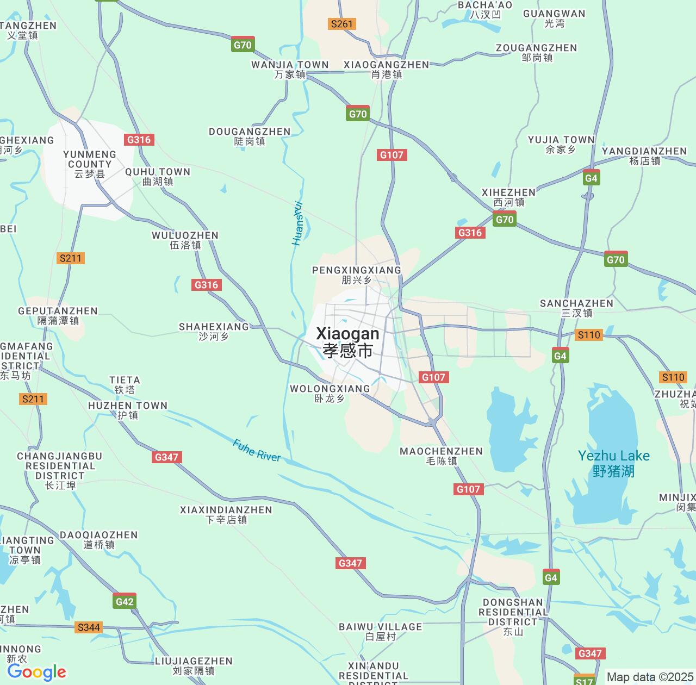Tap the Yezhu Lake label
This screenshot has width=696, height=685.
click(613, 463)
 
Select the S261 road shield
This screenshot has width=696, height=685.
click(342, 24)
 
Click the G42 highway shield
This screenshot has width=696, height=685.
click(125, 601)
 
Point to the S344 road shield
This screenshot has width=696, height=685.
click(89, 627)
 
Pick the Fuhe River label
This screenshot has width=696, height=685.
click(257, 450)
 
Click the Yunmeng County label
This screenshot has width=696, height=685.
click(90, 164)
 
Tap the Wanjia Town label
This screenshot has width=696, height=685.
click(290, 70)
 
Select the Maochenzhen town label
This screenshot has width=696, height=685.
click(441, 456)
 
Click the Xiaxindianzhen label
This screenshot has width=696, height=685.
click(226, 514)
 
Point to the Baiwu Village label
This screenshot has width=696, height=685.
click(380, 631)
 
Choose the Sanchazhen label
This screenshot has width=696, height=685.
click(576, 308)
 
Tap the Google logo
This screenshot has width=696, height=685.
click(36, 672)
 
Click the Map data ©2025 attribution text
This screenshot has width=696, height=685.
click(650, 677)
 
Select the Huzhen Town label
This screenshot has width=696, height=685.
click(128, 410)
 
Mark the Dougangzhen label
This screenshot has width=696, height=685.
click(250, 136)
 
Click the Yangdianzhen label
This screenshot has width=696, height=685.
click(644, 155)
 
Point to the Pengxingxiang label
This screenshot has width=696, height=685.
click(357, 275)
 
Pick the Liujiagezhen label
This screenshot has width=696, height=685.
click(194, 665)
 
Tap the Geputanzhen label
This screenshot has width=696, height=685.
click(58, 315)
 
